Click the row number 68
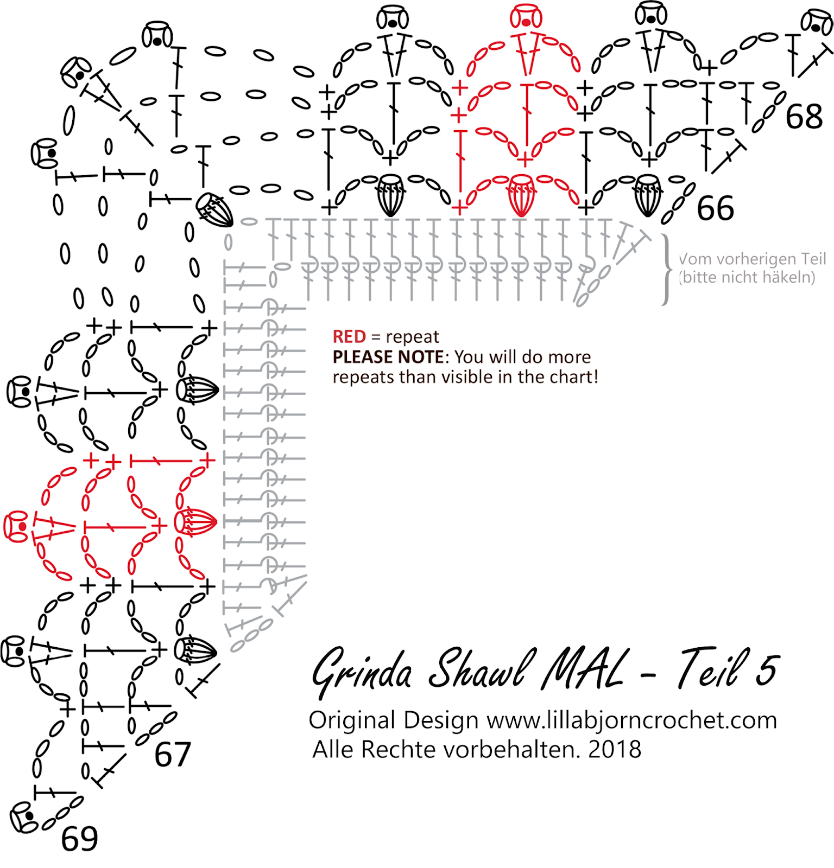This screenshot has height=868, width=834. [x=804, y=117]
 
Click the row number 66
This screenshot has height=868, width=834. [x=715, y=208]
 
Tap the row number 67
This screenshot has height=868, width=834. [x=172, y=754]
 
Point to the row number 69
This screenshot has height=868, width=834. [x=79, y=839]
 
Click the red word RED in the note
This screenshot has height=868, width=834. [x=349, y=337]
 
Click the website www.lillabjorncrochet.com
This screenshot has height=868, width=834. [x=631, y=720]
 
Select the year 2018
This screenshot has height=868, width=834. [x=615, y=750]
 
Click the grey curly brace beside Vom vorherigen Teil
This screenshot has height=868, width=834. [x=666, y=269]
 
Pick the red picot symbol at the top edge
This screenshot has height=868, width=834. [x=526, y=16]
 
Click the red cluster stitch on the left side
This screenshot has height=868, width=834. [x=195, y=522]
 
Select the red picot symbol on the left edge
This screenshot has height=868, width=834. [x=16, y=526]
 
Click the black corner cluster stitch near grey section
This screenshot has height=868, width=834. [x=214, y=210]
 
